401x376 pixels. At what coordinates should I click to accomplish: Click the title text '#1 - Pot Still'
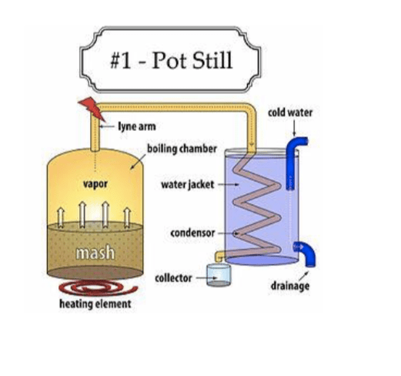(x=172, y=60)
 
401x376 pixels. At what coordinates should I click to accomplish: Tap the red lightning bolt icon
(x=92, y=109)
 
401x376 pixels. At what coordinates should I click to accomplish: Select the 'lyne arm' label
(x=137, y=126)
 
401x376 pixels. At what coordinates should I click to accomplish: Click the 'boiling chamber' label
(x=182, y=149)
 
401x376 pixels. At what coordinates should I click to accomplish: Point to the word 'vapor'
(x=95, y=184)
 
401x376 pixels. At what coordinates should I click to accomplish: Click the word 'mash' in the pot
(x=95, y=252)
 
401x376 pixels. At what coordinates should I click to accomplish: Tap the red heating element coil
(x=99, y=288)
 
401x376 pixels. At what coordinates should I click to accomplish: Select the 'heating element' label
(x=95, y=304)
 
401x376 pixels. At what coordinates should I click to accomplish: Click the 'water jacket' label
(x=188, y=185)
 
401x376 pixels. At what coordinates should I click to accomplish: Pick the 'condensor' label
(x=192, y=233)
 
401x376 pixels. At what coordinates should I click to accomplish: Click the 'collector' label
(x=173, y=278)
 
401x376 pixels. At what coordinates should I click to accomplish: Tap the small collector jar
(x=219, y=275)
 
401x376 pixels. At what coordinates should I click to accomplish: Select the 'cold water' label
(x=290, y=112)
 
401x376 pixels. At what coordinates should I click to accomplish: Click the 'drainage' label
(x=290, y=286)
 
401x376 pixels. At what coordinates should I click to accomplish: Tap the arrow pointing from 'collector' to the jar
(x=207, y=277)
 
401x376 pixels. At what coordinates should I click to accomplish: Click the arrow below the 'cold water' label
(x=294, y=127)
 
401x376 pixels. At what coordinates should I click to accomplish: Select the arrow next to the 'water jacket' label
(x=229, y=184)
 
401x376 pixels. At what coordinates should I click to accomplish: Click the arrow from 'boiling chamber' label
(x=139, y=162)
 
